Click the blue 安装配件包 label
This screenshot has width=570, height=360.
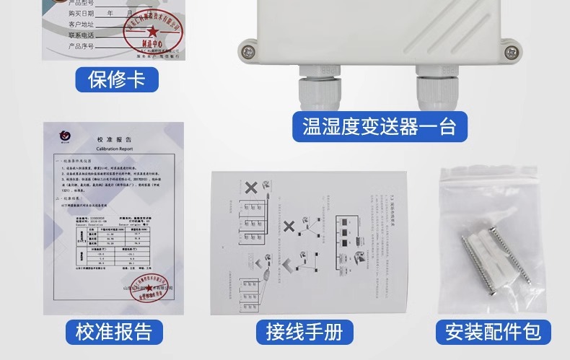tap(493, 332)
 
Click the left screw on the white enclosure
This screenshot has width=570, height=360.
tap(248, 51)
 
